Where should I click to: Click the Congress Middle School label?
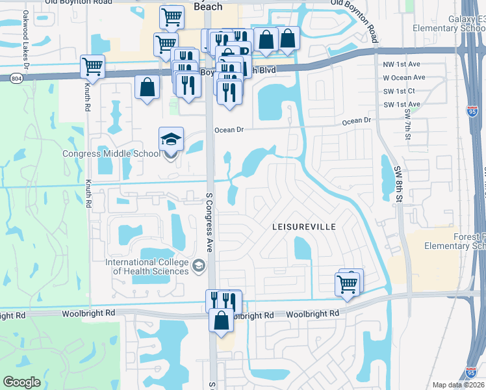(x=110, y=154)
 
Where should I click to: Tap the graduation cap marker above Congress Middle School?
(x=172, y=140)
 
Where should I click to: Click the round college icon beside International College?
(x=198, y=266)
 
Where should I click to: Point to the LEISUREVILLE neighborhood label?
(x=303, y=227)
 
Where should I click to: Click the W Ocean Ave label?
(x=404, y=77)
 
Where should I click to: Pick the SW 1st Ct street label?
(x=399, y=91)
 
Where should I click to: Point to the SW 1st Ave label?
(x=402, y=104)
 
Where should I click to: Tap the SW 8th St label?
(x=398, y=183)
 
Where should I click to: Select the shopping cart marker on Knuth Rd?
(x=93, y=66)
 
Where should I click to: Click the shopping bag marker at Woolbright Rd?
(x=222, y=320)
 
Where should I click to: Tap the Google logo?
(x=21, y=382)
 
